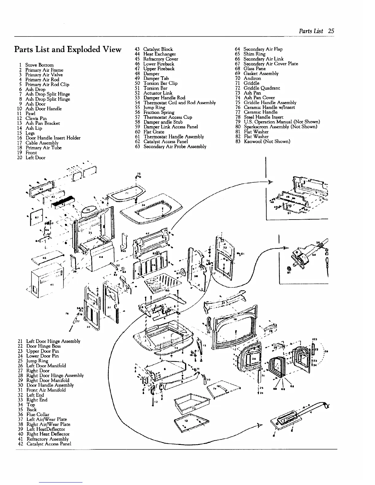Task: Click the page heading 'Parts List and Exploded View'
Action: (x=68, y=49)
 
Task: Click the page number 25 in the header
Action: (x=331, y=31)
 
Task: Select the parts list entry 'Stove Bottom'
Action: (x=39, y=65)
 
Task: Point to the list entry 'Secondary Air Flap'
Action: (x=263, y=49)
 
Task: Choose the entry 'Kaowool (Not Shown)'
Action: (x=267, y=141)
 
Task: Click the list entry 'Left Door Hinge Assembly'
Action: (x=53, y=341)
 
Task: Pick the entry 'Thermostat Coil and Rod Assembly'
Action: (x=180, y=103)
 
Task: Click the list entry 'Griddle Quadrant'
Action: (x=262, y=88)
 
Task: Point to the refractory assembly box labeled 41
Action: (x=46, y=282)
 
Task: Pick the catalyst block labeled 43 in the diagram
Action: (x=63, y=202)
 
